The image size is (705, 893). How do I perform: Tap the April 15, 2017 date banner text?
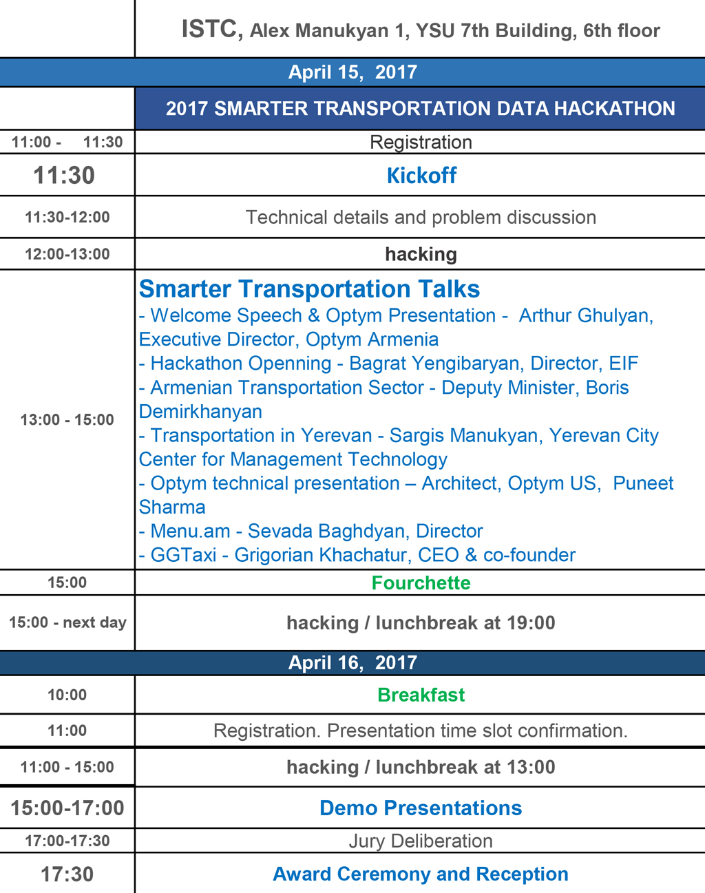[352, 72]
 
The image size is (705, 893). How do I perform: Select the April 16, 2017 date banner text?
[352, 663]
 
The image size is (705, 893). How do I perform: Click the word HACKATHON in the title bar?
[615, 108]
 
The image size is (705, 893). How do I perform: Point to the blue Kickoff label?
[421, 175]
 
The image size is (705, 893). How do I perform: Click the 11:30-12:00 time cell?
[67, 217]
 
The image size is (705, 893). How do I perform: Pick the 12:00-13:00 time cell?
[67, 254]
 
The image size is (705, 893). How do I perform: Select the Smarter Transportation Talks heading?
[309, 288]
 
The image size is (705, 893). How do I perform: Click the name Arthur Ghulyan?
[585, 316]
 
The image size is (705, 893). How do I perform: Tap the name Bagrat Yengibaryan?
[434, 364]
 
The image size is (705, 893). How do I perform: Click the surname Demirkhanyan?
[200, 412]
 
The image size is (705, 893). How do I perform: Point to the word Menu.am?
[190, 531]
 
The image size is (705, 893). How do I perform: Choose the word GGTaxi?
[183, 555]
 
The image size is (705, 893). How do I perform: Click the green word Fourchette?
[421, 583]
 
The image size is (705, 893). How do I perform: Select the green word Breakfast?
[421, 695]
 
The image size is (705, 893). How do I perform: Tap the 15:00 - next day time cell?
[67, 622]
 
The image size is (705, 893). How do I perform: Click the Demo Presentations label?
[421, 808]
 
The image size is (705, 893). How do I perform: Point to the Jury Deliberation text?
[421, 841]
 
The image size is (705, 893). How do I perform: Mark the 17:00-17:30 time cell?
[67, 841]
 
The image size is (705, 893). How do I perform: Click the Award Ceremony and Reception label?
[421, 874]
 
